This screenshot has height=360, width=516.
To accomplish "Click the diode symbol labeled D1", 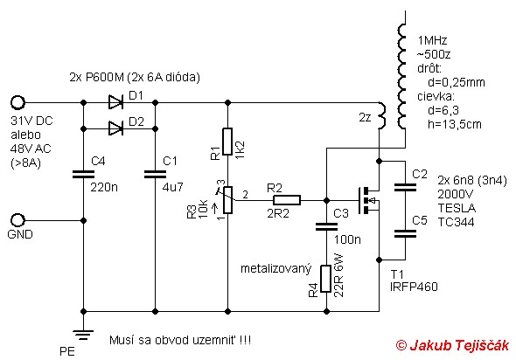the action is (115, 102).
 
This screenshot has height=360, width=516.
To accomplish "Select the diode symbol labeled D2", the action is (115, 128).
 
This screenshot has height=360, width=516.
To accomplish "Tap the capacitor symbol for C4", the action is (83, 174).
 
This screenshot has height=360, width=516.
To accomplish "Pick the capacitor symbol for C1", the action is (156, 174).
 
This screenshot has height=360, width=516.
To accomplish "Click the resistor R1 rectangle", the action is (227, 142).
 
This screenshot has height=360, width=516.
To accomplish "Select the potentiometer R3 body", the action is (227, 200).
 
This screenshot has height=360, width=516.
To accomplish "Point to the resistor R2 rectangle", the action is (287, 200).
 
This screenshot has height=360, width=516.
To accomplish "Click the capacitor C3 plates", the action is (326, 226).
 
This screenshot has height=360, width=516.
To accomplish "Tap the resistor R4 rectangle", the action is (326, 279).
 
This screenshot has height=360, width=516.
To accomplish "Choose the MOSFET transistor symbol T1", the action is (368, 200).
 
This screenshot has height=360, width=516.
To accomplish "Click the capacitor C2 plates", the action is (405, 187).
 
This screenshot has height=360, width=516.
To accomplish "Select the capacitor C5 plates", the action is (405, 233).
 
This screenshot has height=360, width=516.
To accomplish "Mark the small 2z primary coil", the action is (381, 115).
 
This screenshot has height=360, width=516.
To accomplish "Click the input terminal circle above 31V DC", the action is (17, 102).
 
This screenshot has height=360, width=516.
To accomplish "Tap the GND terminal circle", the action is (17, 220).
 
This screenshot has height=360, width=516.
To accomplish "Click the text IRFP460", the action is (414, 287).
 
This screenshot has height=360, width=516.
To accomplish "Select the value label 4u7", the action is (173, 187).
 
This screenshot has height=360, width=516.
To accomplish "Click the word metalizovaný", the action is (275, 269).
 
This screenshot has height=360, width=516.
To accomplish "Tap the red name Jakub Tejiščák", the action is (459, 345).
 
